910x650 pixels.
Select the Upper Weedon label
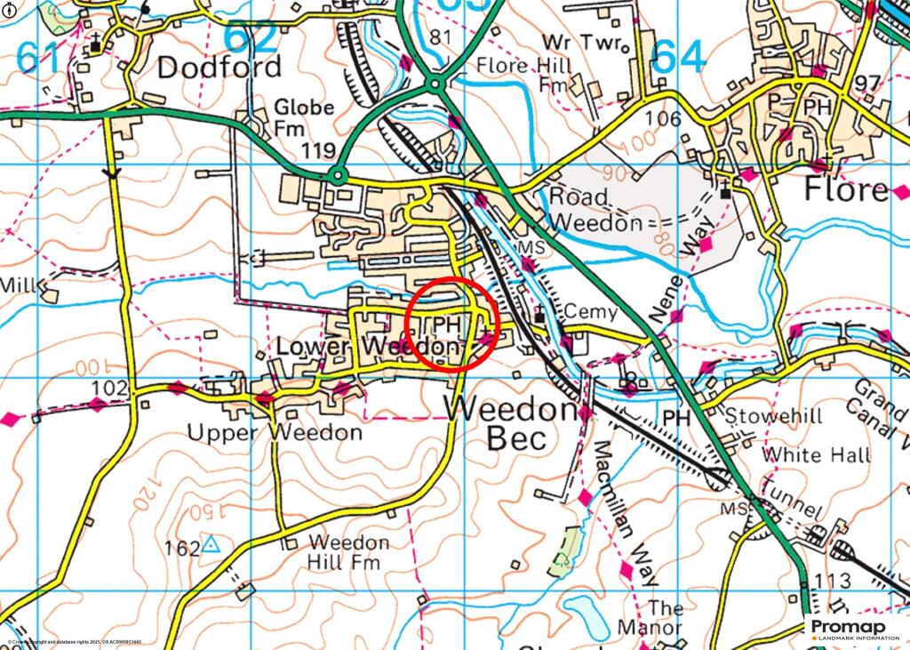point(275,433)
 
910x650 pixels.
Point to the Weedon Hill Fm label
point(347,552)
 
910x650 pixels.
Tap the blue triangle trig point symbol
point(211,544)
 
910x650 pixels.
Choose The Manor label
point(665,618)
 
